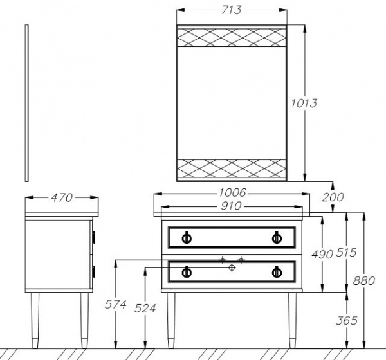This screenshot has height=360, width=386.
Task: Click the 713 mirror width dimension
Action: (x=231, y=10)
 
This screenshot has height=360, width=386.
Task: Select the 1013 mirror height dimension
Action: (x=304, y=103)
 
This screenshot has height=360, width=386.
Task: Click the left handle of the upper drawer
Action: (x=187, y=237)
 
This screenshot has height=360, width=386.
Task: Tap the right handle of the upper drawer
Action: (x=277, y=237)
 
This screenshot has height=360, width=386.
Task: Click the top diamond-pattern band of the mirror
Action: (x=231, y=37)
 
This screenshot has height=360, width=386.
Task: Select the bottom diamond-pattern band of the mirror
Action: (x=231, y=168)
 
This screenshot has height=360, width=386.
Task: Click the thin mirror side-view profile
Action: (x=27, y=103)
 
